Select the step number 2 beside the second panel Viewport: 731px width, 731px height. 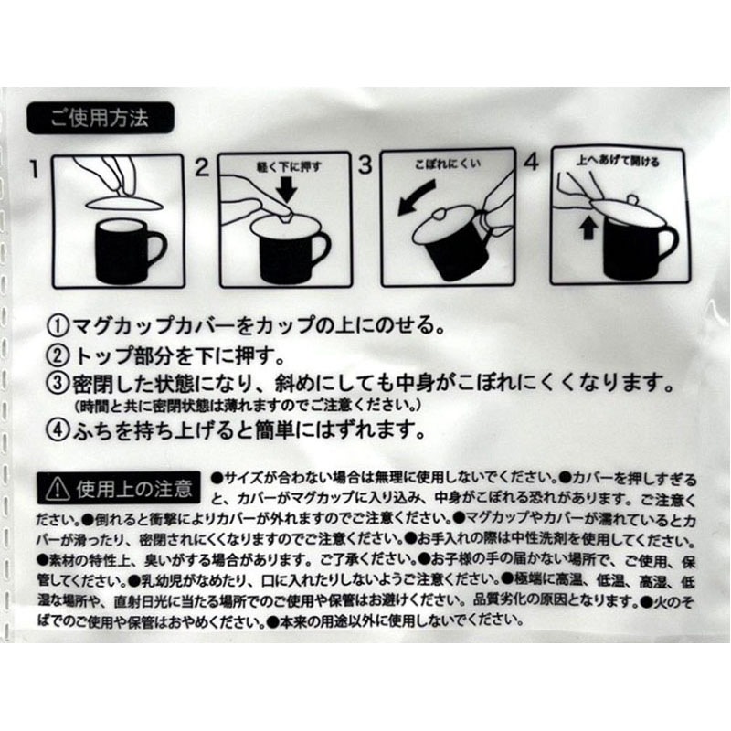pyautogui.click(x=202, y=167)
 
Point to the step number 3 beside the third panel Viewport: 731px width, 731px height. pyautogui.click(x=365, y=165)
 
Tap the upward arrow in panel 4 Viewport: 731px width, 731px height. pyautogui.click(x=587, y=228)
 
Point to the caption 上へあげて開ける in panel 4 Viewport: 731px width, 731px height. pyautogui.click(x=618, y=162)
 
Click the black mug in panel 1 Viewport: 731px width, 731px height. pyautogui.click(x=124, y=250)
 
